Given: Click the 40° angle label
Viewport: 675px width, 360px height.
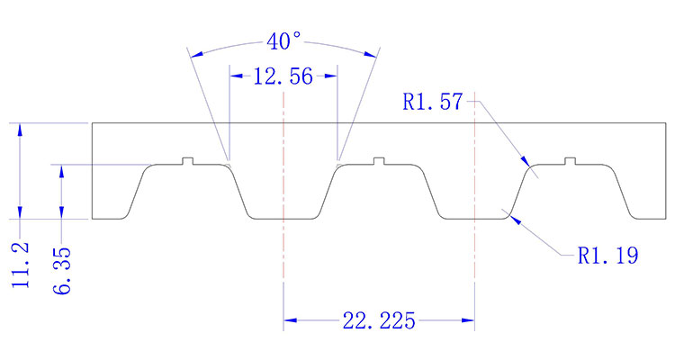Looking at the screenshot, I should click(x=283, y=42).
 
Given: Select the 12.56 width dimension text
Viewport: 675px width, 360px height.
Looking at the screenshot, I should click(x=283, y=77).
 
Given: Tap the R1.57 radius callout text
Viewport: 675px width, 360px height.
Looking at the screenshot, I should click(x=433, y=103).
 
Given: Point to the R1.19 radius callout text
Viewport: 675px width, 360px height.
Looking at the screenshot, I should click(x=608, y=256).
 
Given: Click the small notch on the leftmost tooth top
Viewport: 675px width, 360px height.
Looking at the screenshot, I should click(x=188, y=161).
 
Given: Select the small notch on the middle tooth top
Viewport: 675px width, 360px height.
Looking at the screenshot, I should click(x=379, y=161).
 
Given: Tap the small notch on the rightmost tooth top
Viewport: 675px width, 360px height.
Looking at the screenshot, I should click(x=570, y=161).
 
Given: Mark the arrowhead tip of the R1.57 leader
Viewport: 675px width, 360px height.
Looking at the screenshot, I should click(x=528, y=164).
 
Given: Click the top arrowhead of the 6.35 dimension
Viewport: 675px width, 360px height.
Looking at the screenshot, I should click(x=62, y=168).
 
